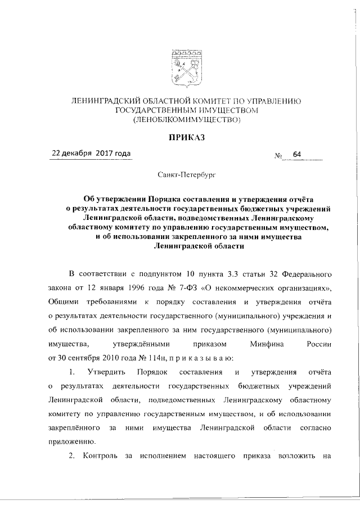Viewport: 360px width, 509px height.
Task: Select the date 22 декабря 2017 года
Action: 91,154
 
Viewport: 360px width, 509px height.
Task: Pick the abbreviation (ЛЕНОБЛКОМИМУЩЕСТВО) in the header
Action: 186,120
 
